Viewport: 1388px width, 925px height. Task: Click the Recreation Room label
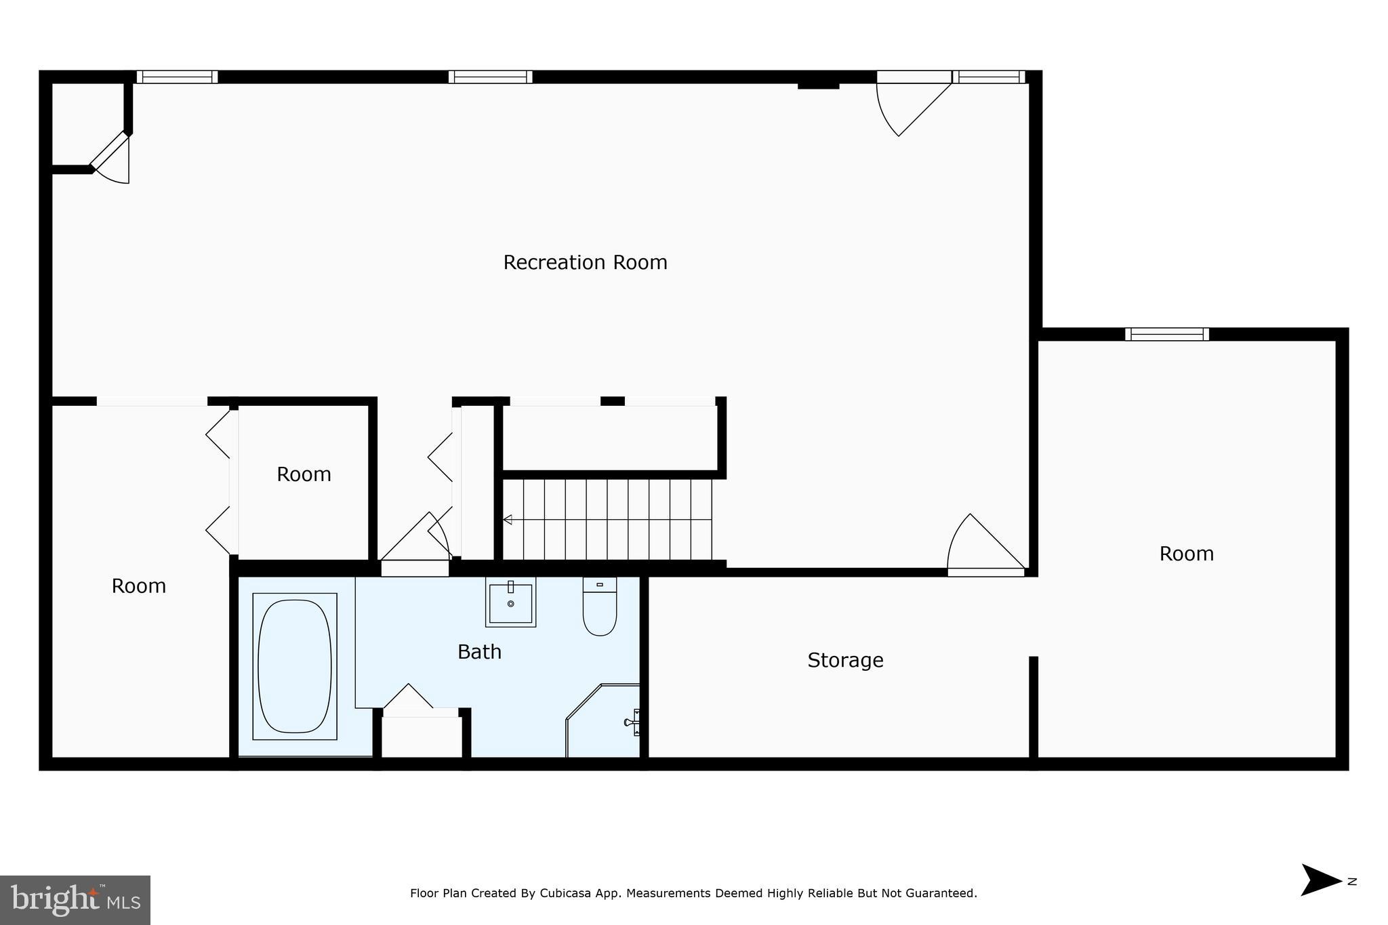coord(585,262)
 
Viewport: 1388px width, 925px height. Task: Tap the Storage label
coord(845,660)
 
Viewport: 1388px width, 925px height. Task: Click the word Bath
coord(479,652)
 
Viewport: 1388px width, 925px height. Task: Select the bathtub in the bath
coord(295,665)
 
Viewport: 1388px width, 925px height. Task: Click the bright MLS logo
coord(75,900)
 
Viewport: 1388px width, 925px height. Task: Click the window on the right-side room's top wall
coord(1166,334)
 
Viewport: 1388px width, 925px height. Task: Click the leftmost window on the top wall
coord(177,77)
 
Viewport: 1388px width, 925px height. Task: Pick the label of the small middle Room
coord(304,474)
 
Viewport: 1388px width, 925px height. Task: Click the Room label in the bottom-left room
coord(138,586)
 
